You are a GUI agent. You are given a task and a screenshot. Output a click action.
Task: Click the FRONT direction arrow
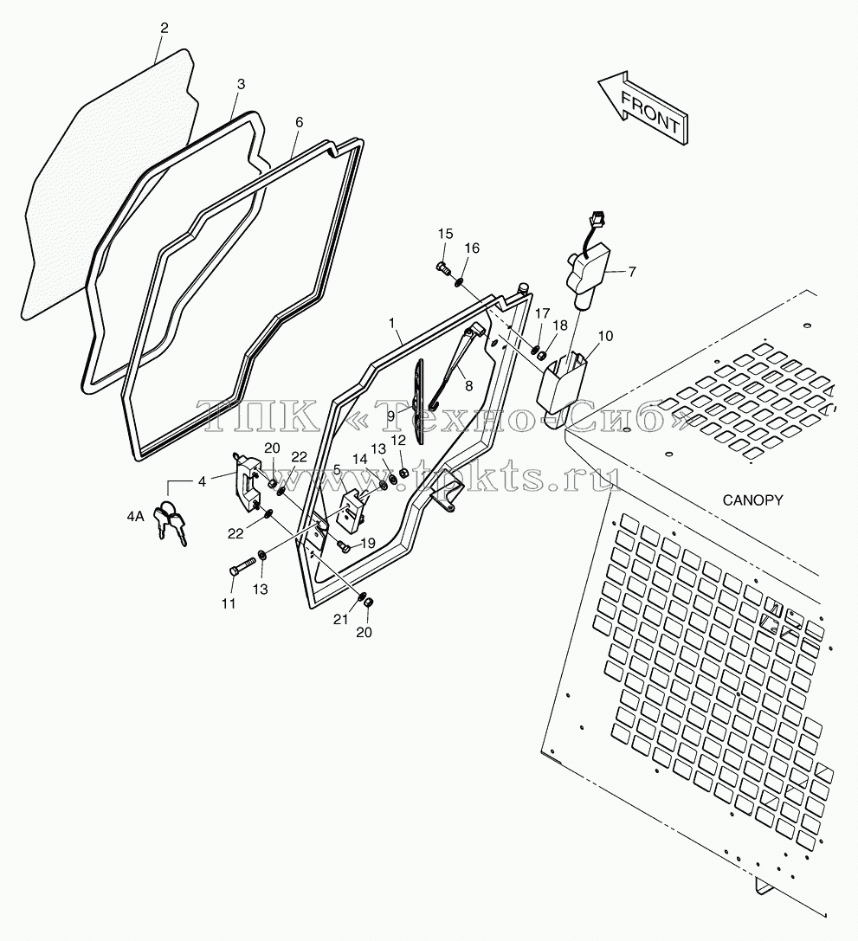click(x=643, y=109)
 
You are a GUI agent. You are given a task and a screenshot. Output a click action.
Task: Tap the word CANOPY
click(x=752, y=500)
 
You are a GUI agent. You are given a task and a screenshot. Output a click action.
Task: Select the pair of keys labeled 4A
click(x=171, y=521)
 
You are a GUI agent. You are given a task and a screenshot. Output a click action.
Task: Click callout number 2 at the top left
click(x=165, y=28)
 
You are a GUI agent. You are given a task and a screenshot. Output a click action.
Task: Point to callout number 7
click(x=632, y=271)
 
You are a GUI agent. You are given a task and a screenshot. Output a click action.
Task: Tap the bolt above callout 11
click(x=242, y=567)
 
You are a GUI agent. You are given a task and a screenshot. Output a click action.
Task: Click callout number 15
click(x=445, y=234)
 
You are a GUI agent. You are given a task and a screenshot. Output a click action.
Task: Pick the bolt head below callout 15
click(x=442, y=269)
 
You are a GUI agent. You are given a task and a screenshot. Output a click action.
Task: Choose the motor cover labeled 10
click(x=564, y=386)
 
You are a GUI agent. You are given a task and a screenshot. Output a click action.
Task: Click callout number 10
click(x=605, y=336)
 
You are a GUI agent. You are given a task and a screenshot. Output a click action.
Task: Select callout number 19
click(x=367, y=543)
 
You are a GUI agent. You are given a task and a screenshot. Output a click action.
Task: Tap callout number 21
click(x=341, y=618)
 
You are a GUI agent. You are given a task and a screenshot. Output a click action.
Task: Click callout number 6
click(x=299, y=122)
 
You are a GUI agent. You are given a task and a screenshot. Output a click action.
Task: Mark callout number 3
click(x=241, y=84)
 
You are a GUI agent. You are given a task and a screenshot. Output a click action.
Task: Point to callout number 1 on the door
click(x=392, y=323)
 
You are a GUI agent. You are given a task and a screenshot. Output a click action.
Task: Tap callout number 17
click(x=542, y=313)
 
